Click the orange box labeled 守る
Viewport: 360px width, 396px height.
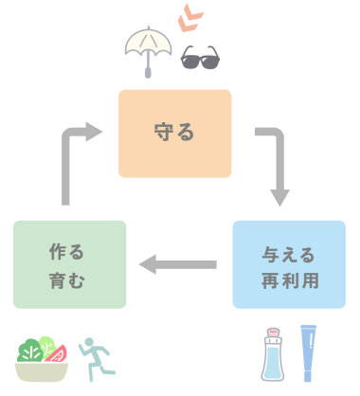(x=174, y=134)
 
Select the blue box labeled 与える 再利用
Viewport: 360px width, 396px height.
(x=289, y=264)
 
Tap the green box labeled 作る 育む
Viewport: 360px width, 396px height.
(x=69, y=264)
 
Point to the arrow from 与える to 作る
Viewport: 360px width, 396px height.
(x=179, y=264)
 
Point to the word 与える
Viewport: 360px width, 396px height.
(x=289, y=253)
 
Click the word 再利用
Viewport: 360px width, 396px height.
(x=289, y=279)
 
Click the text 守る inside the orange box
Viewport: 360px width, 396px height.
(x=174, y=134)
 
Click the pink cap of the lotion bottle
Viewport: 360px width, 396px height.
(x=275, y=334)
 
